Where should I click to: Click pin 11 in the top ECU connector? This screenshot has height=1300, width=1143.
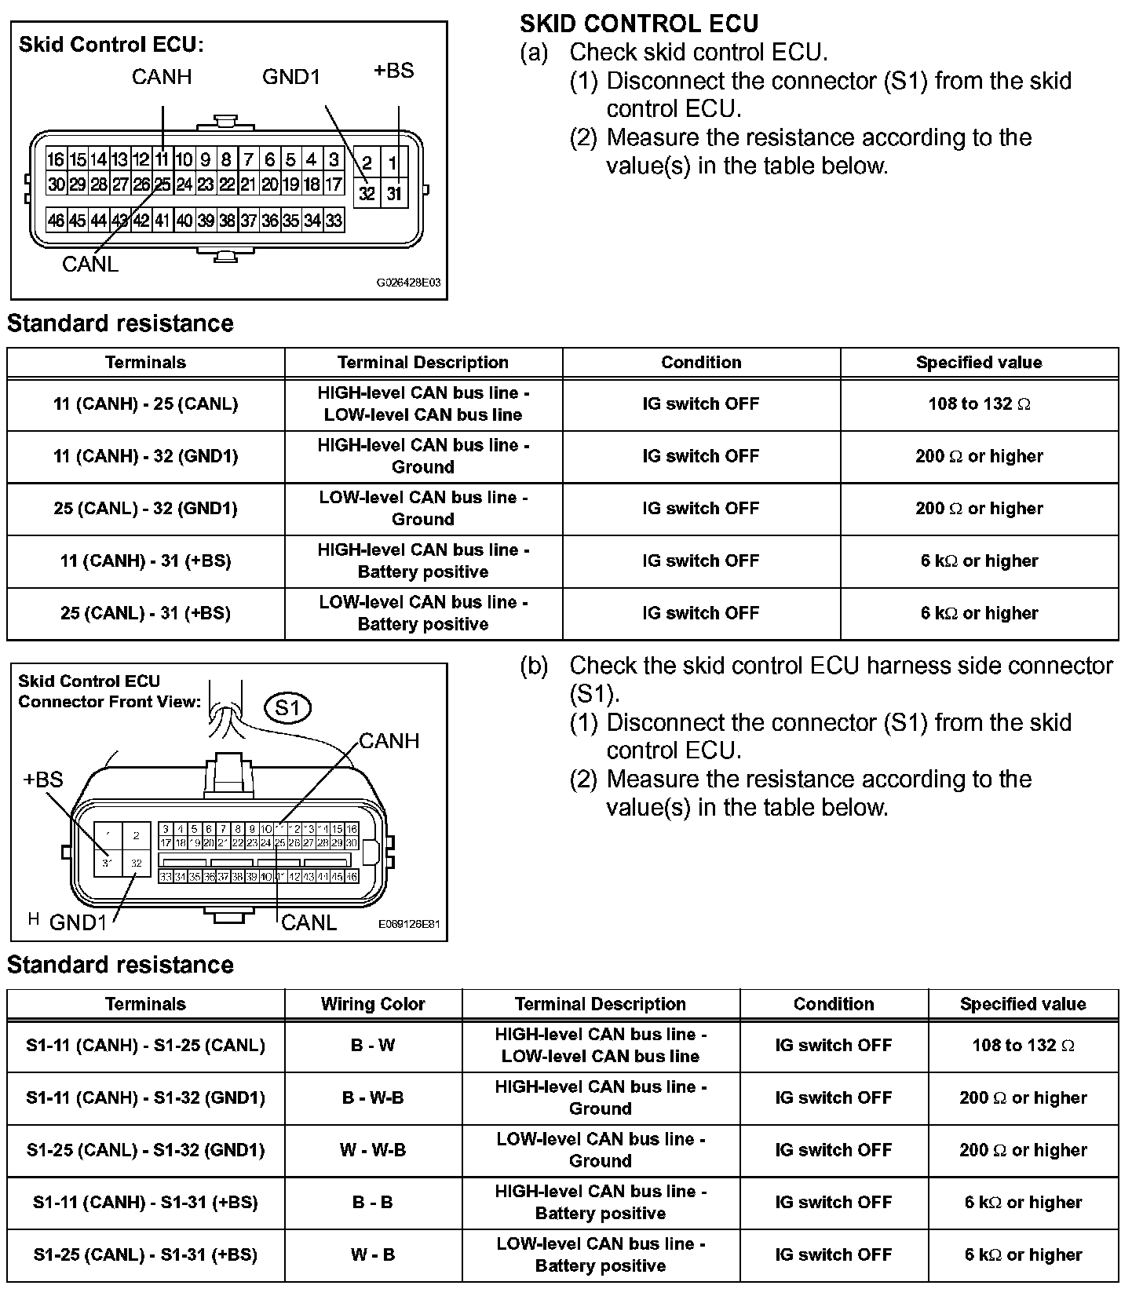[162, 160]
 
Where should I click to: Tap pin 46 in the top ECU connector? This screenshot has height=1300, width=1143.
[56, 221]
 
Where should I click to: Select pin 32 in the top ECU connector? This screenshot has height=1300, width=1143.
[367, 193]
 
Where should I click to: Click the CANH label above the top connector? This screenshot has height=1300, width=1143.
[162, 77]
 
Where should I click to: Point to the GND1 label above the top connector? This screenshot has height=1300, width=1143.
[291, 77]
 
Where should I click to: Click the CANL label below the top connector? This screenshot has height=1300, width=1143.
[90, 265]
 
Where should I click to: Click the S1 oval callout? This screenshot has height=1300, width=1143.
[288, 708]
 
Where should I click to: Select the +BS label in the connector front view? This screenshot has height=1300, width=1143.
[43, 780]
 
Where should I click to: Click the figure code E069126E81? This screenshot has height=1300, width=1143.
[409, 924]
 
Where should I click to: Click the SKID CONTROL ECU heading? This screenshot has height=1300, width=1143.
[639, 24]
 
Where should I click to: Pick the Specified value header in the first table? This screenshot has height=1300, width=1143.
[978, 363]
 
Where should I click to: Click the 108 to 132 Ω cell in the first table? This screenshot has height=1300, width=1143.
[978, 404]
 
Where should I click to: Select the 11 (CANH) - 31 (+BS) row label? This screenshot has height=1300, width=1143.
[145, 561]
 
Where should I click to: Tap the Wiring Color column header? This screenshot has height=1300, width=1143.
[373, 1004]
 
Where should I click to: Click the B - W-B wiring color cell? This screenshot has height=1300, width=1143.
[373, 1098]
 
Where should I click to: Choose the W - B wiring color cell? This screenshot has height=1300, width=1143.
[373, 1255]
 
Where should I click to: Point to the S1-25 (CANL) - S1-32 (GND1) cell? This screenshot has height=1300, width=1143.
[145, 1151]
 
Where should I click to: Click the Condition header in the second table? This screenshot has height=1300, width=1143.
[834, 1004]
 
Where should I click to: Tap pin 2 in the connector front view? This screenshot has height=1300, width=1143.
[137, 836]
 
